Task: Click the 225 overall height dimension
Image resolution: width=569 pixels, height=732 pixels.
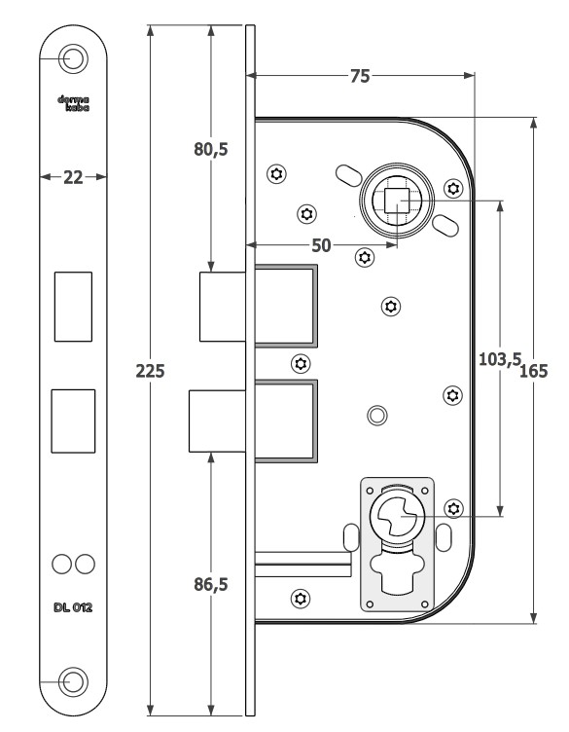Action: click(x=150, y=371)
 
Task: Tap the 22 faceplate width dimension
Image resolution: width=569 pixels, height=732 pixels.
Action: click(x=73, y=177)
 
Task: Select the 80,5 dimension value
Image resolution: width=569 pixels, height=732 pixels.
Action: click(x=211, y=149)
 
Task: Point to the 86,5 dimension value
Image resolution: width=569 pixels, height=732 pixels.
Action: click(x=211, y=584)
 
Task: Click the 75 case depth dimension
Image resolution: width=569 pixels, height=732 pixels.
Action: click(x=360, y=76)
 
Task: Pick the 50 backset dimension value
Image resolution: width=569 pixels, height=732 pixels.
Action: click(x=321, y=245)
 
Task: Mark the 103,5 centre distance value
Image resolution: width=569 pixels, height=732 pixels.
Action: click(x=500, y=359)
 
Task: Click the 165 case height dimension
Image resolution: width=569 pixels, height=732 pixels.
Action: click(x=533, y=371)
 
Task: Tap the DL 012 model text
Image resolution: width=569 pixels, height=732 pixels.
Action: click(x=73, y=607)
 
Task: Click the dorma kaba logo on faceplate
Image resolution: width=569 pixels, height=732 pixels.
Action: click(x=73, y=103)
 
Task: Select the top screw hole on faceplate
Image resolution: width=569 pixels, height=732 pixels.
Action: click(x=73, y=58)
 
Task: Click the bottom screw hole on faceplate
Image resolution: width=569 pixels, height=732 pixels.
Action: click(x=73, y=681)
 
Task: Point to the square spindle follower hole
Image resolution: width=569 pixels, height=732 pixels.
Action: click(x=397, y=201)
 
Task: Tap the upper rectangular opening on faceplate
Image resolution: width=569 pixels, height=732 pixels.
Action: click(x=73, y=307)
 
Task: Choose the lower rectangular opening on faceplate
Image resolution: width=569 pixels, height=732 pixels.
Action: click(x=73, y=421)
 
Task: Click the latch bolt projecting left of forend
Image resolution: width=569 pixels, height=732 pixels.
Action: click(x=223, y=307)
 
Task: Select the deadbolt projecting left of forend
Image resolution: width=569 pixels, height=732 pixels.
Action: click(x=217, y=421)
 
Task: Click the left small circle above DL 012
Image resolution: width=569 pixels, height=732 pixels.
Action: click(x=61, y=564)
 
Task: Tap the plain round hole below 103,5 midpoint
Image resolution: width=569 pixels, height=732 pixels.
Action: click(x=377, y=416)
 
